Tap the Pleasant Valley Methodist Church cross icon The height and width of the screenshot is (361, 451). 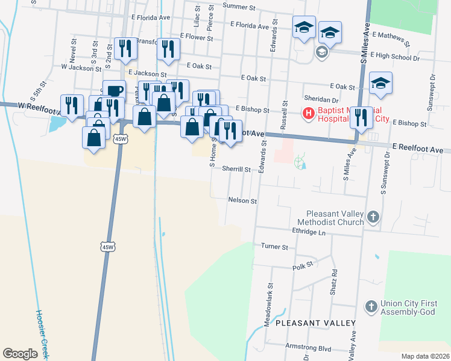click(373, 217)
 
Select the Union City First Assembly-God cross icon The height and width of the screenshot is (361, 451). click(371, 307)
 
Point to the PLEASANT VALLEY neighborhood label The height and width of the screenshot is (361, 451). click(315, 323)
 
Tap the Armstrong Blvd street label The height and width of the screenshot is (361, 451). click(308, 348)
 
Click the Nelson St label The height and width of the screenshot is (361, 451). click(242, 200)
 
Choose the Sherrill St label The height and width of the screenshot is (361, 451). click(236, 170)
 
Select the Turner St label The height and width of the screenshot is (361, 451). click(274, 246)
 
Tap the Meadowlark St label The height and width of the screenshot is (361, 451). click(270, 305)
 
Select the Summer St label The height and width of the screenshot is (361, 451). click(239, 6)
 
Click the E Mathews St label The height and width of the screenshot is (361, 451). click(391, 39)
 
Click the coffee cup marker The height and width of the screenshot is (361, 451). click(114, 91)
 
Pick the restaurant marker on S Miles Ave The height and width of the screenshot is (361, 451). click(361, 117)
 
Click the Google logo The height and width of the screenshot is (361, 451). click(20, 353)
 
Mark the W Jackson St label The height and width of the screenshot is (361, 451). click(81, 68)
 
